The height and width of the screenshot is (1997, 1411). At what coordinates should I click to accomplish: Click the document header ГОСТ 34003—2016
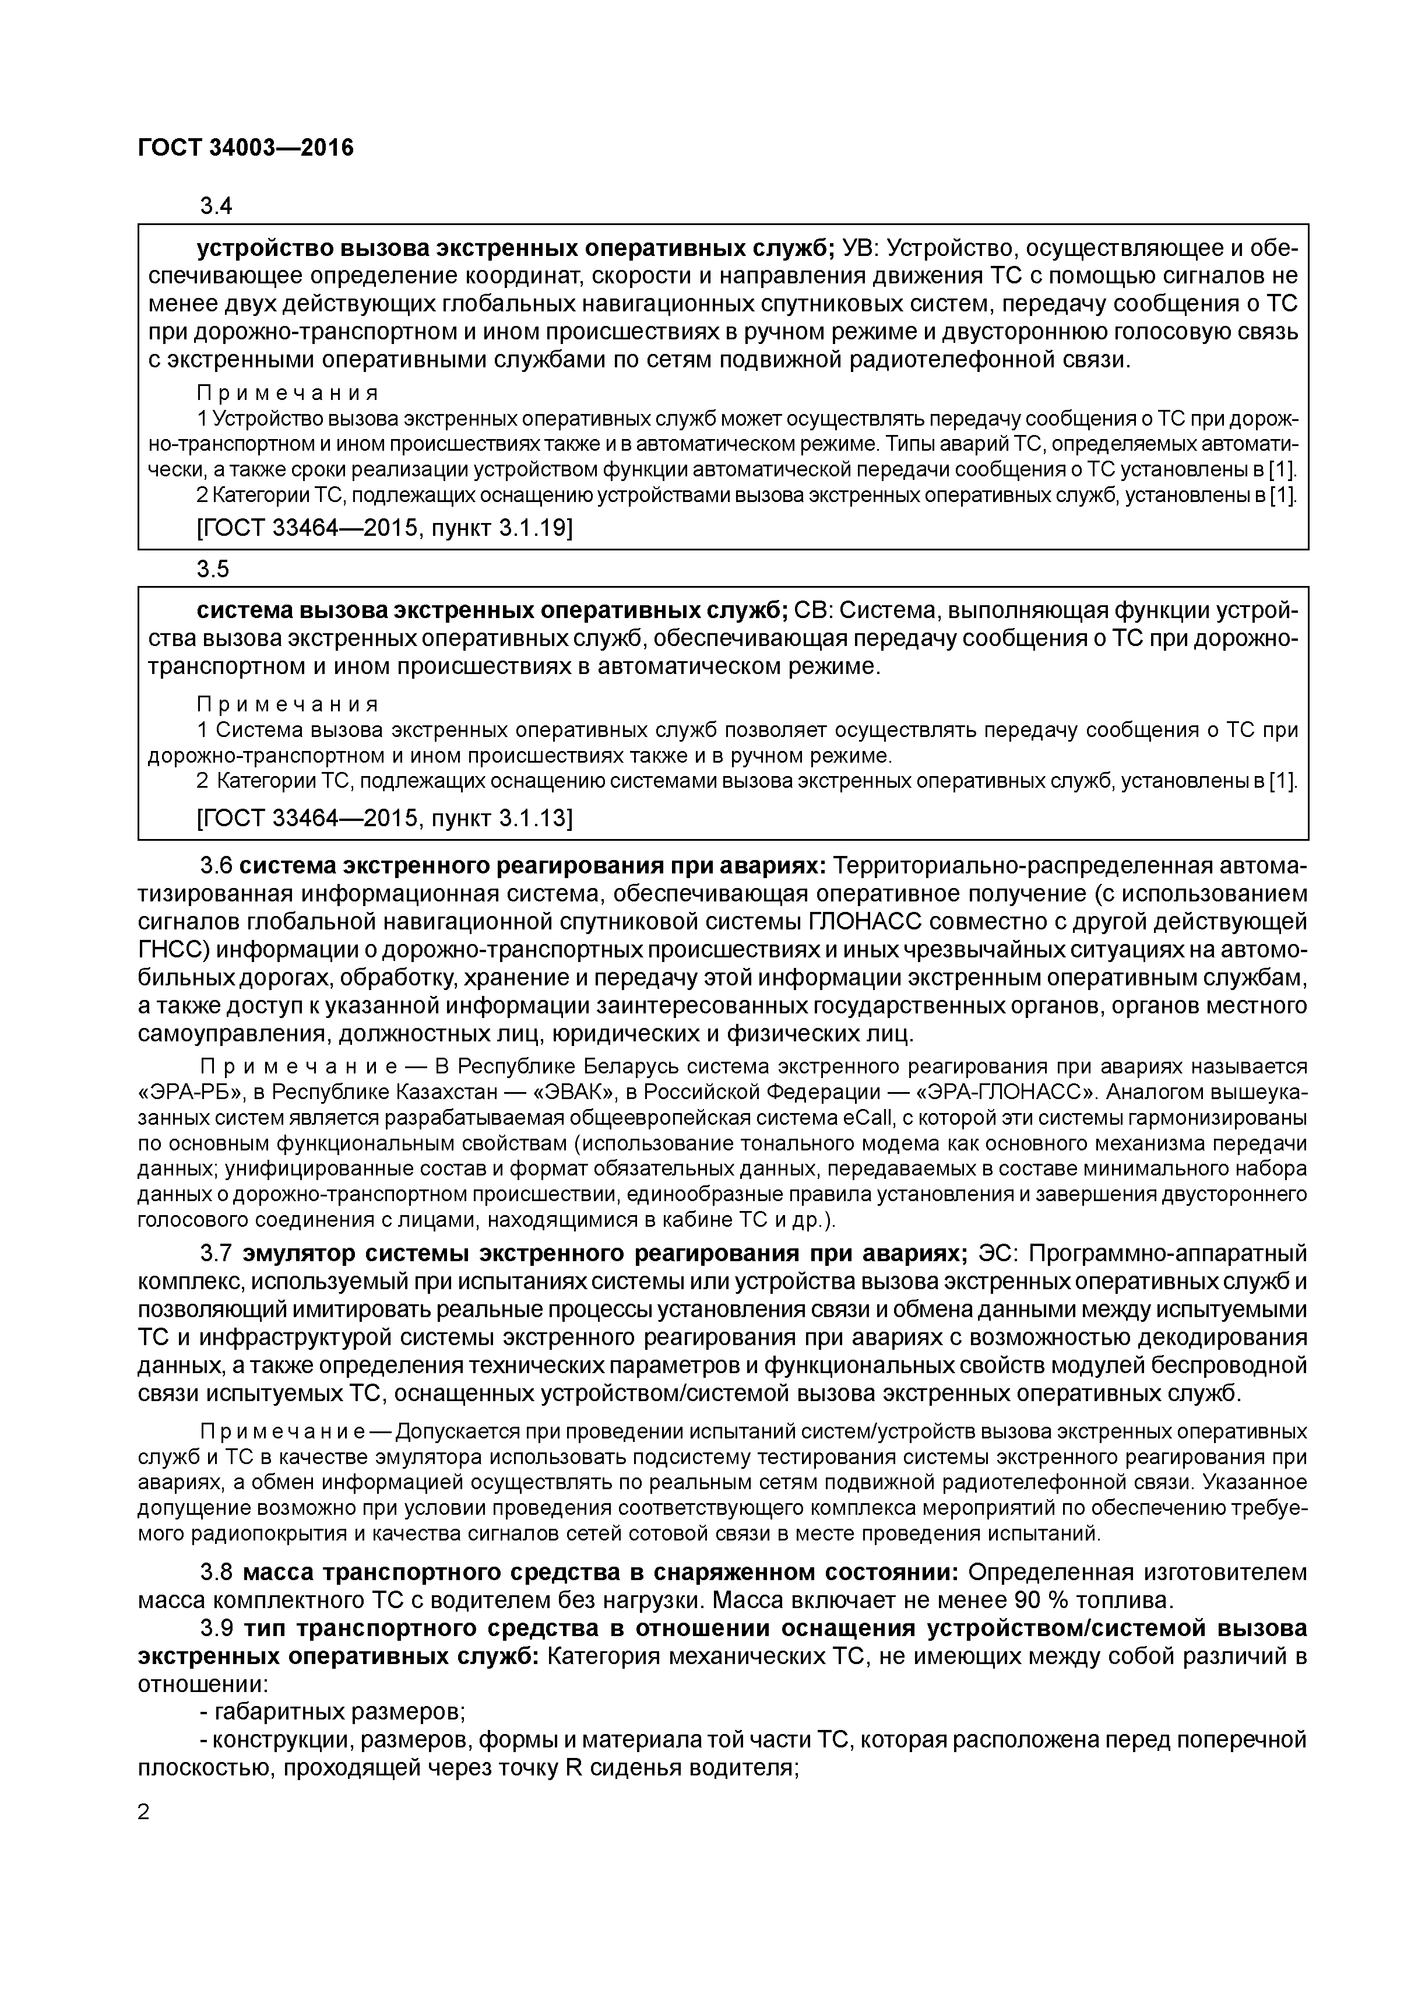[246, 149]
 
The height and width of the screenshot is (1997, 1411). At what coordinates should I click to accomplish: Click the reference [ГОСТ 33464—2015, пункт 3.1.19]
[385, 528]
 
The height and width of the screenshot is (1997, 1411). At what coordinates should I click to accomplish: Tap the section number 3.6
[216, 866]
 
